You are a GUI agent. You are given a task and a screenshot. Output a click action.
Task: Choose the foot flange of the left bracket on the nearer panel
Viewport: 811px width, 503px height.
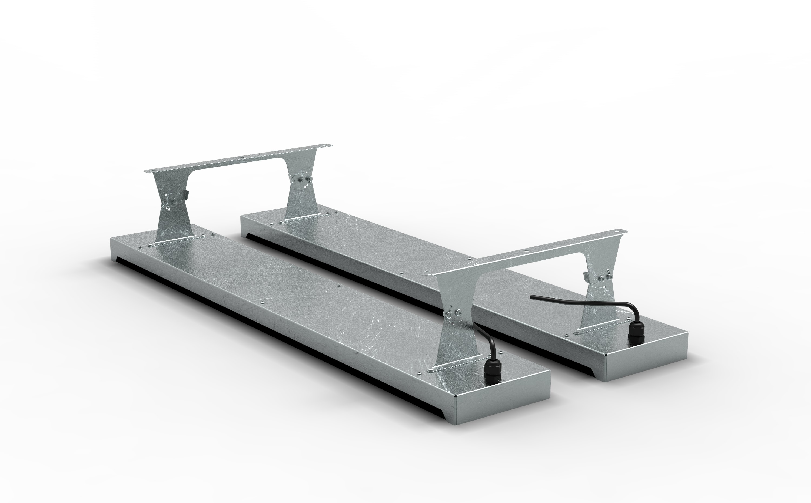pyautogui.click(x=176, y=240)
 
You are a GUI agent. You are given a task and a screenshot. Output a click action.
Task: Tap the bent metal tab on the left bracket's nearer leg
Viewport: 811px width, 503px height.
pyautogui.click(x=186, y=196)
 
